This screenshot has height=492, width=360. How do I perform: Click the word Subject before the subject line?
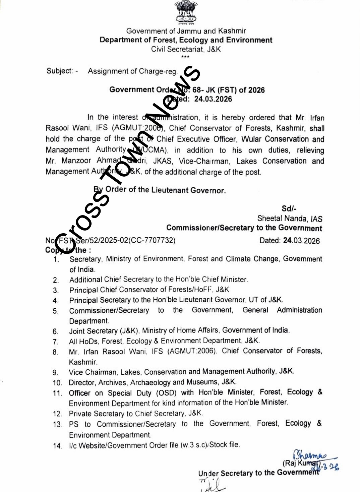59,71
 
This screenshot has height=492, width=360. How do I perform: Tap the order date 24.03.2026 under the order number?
213,99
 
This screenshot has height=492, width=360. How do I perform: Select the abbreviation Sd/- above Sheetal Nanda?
289,209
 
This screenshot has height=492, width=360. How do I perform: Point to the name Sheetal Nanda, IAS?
290,219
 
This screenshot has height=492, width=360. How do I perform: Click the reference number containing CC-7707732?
116,240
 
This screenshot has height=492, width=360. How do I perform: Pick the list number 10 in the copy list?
57,383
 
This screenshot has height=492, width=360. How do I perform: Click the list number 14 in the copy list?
57,446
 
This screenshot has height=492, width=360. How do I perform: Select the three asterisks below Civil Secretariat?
185,57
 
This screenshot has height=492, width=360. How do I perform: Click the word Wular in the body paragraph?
252,139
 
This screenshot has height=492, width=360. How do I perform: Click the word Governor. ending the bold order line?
208,190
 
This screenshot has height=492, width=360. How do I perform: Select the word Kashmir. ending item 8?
83,362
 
